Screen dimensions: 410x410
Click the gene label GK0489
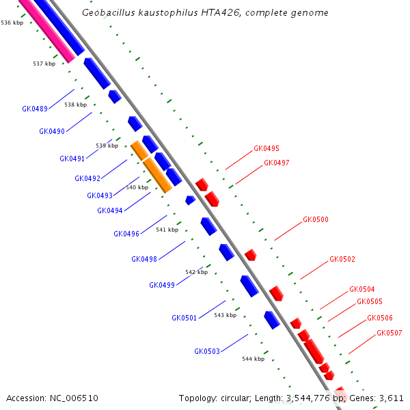[35, 109]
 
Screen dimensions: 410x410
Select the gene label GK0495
[266, 148]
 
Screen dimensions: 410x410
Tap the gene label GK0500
[316, 220]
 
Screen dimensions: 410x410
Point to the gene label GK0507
[389, 333]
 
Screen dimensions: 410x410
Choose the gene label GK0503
[207, 351]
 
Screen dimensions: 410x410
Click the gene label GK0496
[126, 234]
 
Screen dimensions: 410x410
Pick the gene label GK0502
[342, 260]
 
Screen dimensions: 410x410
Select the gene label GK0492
[87, 179]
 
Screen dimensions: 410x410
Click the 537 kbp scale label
[44, 64]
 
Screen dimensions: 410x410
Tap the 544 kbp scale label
[253, 359]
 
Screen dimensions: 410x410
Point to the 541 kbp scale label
[167, 230]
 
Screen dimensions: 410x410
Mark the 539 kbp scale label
[107, 146]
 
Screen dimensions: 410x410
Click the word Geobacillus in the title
[107, 13]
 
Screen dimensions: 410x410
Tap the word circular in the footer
[237, 398]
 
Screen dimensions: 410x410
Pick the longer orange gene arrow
[157, 175]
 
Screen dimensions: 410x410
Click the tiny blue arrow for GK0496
[190, 200]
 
